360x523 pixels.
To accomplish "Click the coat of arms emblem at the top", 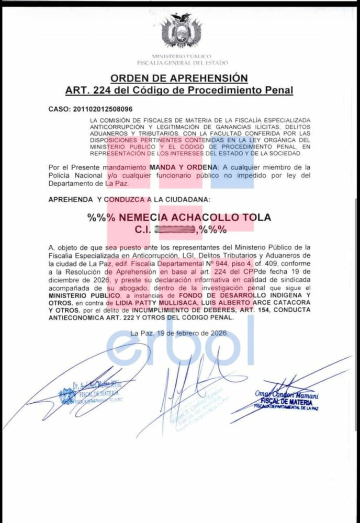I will [x=181, y=33].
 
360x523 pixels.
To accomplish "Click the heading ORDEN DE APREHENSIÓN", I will [x=179, y=78].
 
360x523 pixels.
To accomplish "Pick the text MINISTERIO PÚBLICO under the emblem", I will [x=181, y=56].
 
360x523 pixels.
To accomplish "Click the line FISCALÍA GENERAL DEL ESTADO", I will [x=181, y=63].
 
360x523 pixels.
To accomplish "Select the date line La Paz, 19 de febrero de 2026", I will [x=179, y=333].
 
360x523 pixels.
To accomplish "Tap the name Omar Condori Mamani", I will [x=287, y=394].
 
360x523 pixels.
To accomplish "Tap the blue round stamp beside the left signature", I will [x=67, y=396].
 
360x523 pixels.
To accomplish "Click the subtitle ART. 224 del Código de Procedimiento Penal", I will [x=179, y=90].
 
